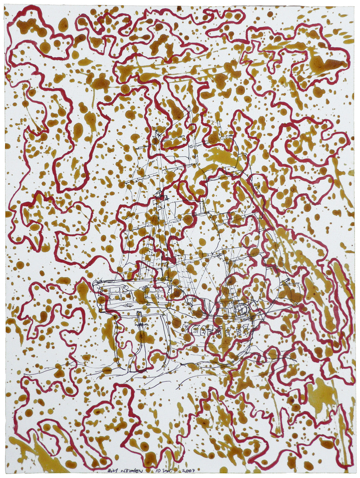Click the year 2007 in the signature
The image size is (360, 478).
[188, 470]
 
